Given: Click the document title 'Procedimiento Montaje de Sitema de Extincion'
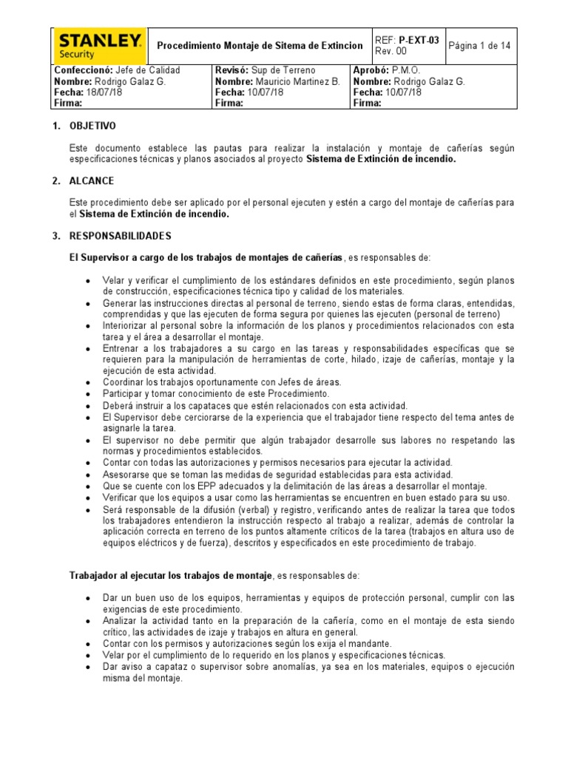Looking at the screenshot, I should [260, 46].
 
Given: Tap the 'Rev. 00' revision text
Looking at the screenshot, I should [391, 51].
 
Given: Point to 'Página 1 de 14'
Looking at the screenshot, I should [481, 46].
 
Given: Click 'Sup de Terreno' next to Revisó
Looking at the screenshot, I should [284, 70].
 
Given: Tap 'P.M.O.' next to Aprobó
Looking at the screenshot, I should [405, 70].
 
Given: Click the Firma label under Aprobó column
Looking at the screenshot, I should [367, 103].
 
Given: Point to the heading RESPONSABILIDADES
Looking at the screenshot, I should [121, 236].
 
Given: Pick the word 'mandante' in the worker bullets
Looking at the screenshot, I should [368, 644].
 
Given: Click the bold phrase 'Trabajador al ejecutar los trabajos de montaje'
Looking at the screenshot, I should [171, 576].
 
